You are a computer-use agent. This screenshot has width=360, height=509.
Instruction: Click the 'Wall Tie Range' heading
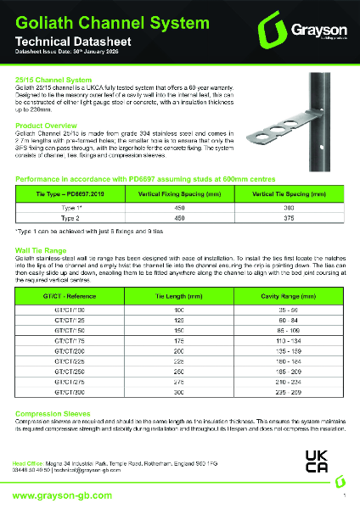[x=42, y=251]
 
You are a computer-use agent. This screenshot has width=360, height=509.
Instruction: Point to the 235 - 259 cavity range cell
[x=283, y=394]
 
